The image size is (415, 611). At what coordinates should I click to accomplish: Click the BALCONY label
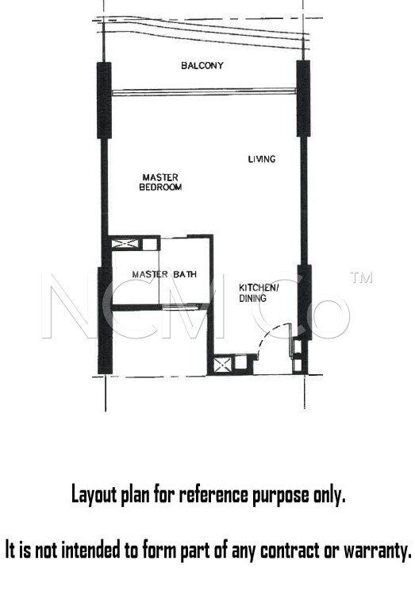(202, 65)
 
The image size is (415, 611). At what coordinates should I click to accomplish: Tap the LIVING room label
(262, 159)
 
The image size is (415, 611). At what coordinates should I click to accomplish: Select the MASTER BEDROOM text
(160, 183)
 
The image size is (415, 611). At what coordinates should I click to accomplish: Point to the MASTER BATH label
(164, 274)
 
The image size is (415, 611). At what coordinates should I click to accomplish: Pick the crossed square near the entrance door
(222, 365)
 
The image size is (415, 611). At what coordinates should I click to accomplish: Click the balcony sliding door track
(204, 92)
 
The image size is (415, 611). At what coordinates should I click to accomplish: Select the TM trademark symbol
(361, 277)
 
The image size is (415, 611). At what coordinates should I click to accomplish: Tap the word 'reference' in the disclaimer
(213, 494)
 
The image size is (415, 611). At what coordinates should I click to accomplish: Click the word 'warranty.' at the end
(377, 551)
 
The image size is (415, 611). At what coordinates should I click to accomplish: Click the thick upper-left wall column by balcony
(104, 100)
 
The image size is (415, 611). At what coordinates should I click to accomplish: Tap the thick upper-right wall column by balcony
(303, 99)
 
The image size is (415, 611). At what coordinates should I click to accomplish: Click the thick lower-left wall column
(105, 320)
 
